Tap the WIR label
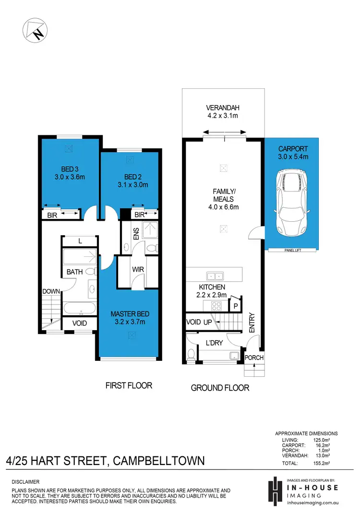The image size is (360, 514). click(138, 270)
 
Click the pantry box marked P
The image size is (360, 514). click(236, 304)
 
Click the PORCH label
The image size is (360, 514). click(254, 358)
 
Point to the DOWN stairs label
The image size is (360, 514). click(51, 291)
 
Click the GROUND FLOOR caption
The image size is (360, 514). click(220, 388)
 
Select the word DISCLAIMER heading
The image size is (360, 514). click(25, 481)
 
